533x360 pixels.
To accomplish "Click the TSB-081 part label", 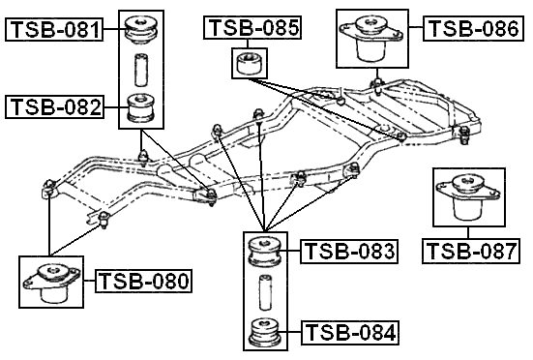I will (x=54, y=30).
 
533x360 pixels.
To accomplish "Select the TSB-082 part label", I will (x=54, y=106).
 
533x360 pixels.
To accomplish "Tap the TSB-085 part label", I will (x=252, y=27).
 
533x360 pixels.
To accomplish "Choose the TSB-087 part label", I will (x=471, y=252).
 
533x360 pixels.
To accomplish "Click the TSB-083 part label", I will (x=349, y=252).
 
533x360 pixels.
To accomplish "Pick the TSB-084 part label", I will (x=349, y=334).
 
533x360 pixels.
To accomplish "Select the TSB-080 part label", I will (x=144, y=282).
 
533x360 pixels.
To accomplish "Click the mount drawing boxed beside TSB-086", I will (x=371, y=39).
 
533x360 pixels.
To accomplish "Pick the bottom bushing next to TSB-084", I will (x=263, y=332).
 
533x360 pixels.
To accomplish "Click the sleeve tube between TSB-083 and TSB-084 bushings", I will (x=263, y=291).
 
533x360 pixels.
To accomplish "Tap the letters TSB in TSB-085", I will (x=232, y=27).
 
